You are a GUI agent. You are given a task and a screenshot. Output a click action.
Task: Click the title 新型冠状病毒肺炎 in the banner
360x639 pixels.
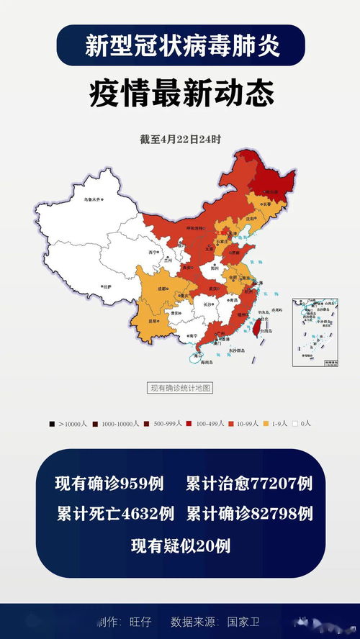(180, 46)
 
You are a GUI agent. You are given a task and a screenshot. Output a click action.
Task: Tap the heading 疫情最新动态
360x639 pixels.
(180, 94)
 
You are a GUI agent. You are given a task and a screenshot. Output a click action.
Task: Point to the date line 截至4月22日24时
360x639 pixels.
(180, 139)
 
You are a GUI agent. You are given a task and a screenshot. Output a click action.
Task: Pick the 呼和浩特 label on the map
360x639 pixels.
(197, 227)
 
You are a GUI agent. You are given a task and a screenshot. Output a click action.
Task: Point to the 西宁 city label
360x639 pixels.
(152, 253)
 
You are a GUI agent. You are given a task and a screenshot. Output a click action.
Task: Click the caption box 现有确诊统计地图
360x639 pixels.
(180, 388)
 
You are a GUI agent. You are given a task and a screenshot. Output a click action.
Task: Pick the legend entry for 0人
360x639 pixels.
(302, 423)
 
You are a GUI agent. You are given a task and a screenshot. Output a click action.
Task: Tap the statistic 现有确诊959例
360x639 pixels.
(114, 484)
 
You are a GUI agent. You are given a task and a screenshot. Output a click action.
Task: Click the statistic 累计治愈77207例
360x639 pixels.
(248, 484)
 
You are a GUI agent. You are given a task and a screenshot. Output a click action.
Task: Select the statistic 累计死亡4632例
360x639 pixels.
(115, 514)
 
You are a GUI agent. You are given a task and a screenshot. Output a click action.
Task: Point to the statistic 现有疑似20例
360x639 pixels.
(180, 545)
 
